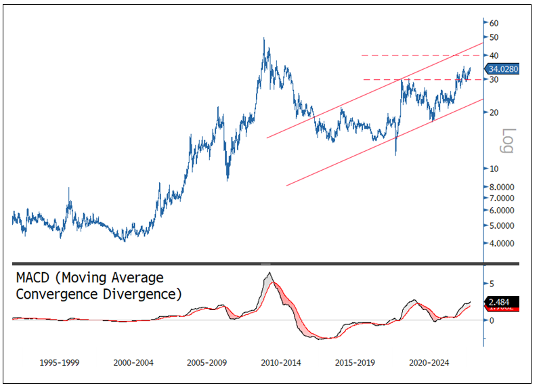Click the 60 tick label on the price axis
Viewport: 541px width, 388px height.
tap(495, 22)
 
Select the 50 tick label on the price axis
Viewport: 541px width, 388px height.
tap(495, 37)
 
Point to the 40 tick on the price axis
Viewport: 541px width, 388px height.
tap(495, 55)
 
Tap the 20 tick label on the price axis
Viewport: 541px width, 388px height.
tap(495, 112)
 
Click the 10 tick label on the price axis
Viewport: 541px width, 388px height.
tap(495, 168)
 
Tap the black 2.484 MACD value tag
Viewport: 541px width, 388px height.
tap(503, 301)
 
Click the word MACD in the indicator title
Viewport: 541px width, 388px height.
tap(33, 278)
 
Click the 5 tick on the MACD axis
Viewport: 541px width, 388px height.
tap(492, 283)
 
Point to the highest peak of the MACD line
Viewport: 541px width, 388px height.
tap(269, 273)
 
